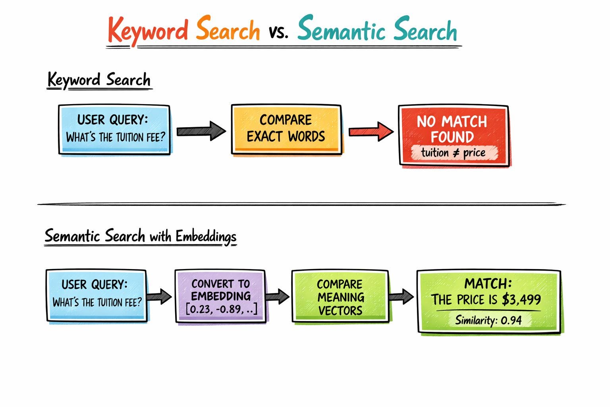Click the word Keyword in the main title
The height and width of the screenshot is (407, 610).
147,31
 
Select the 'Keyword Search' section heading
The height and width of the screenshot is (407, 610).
99,80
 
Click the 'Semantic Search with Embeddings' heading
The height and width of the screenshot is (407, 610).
140,236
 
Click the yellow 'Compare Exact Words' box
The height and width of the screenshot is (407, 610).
286,129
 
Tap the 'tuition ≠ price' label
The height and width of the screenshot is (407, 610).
454,153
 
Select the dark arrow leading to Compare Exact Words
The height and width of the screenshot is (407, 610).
201,131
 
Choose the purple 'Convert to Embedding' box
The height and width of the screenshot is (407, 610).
220,296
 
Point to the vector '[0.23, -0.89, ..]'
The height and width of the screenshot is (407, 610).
221,309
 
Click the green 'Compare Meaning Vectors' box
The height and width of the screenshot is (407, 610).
340,297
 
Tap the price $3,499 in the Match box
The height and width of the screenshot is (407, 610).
521,299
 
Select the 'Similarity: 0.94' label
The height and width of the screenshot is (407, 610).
488,320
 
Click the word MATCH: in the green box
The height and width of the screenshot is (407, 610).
488,284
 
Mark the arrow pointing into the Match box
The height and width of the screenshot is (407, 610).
402,297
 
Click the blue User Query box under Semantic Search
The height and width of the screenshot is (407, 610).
97,295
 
